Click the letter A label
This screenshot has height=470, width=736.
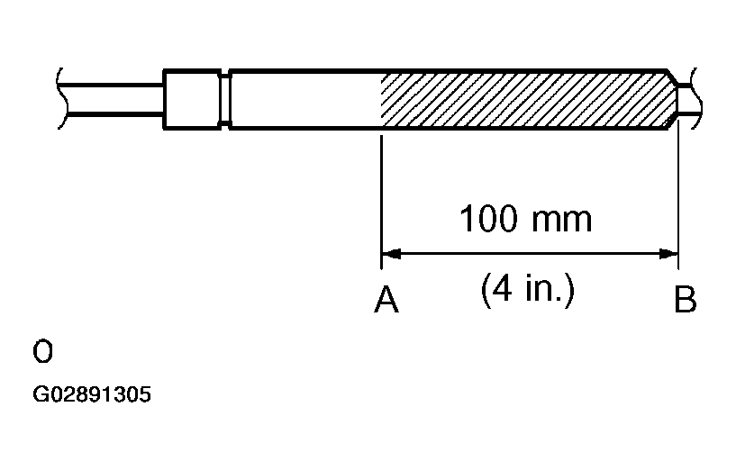pos(386,300)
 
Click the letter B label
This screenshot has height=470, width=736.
pos(686,300)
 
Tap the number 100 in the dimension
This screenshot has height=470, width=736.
pos(488,219)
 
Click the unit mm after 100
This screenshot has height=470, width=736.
pos(562,221)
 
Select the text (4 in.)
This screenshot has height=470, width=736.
pos(528,289)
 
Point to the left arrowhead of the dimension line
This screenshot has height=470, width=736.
pos(392,254)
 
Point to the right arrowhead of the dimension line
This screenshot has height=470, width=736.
pos(668,254)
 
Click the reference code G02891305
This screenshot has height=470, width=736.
pos(92,394)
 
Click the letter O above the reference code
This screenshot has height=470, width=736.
pos(42,352)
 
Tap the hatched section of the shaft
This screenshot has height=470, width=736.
pos(526,99)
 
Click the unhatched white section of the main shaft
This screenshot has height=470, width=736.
pos(305,99)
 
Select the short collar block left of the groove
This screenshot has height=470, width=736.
pos(192,99)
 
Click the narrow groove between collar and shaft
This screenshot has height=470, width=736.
pos(225,99)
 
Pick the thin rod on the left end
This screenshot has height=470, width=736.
pos(113,99)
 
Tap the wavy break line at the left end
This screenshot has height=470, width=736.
pos(61,98)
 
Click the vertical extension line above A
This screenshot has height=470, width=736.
pos(381,202)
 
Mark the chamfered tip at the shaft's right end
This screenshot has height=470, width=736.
pos(672,99)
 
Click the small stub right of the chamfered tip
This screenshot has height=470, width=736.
pos(686,99)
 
